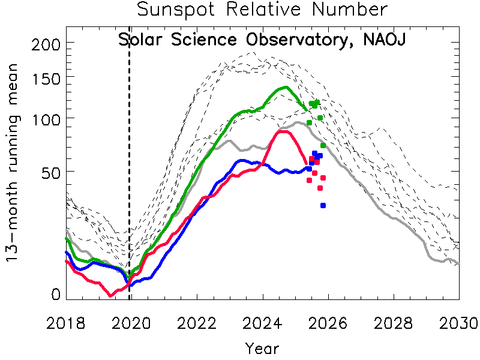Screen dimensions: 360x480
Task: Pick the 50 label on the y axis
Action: (48, 172)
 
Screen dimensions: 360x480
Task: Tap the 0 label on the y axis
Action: (55, 295)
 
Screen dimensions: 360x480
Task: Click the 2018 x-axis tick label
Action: (66, 323)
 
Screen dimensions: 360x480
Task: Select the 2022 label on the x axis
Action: (197, 323)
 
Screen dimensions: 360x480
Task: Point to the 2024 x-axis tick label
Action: (263, 323)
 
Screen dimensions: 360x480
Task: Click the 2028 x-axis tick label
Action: (394, 323)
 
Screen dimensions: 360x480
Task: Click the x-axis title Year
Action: (262, 347)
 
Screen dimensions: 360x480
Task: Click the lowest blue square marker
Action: (323, 206)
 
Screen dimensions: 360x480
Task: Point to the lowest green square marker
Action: (323, 145)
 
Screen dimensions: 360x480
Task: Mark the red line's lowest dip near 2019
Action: (110, 295)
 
